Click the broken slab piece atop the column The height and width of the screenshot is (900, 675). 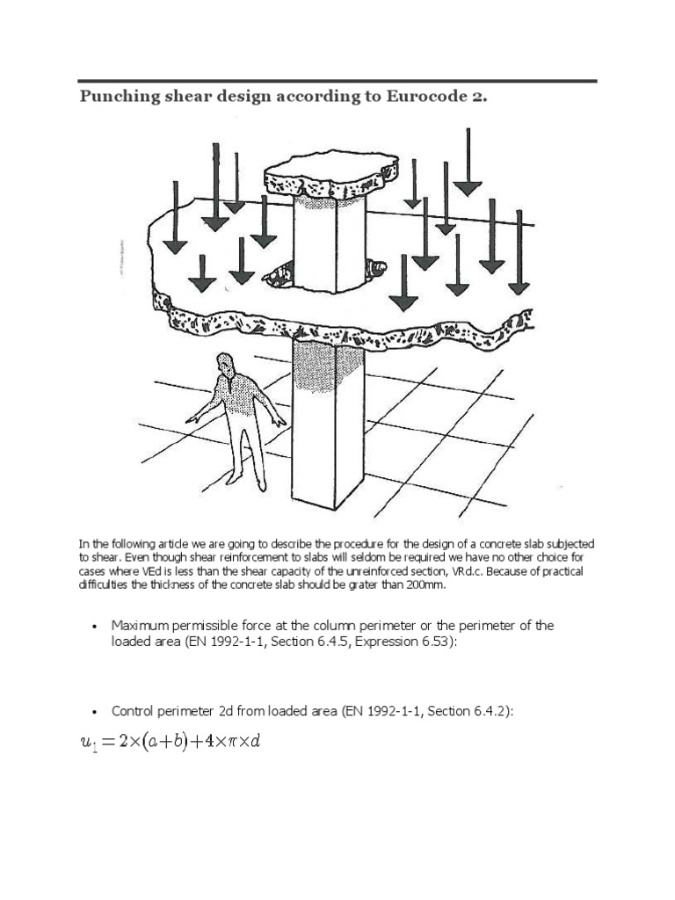pyautogui.click(x=330, y=177)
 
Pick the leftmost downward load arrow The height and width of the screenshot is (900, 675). pyautogui.click(x=175, y=220)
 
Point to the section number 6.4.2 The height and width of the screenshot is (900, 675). pyautogui.click(x=491, y=711)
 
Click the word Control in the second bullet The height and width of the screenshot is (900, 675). pyautogui.click(x=131, y=711)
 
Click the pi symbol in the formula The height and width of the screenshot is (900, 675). pyautogui.click(x=233, y=743)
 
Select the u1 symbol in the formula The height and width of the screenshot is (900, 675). pyautogui.click(x=88, y=744)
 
